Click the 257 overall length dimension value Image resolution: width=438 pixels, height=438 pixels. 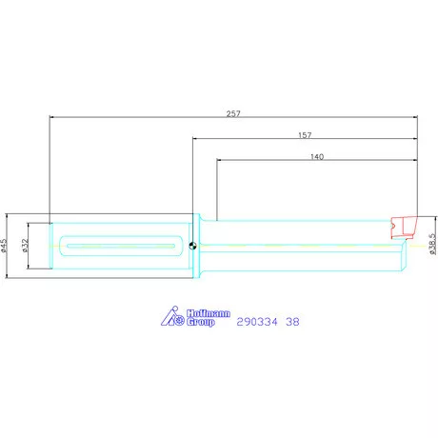pos(233,113)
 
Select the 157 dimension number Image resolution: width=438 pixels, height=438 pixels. pos(305,135)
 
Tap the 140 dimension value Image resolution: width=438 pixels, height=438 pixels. pos(317,156)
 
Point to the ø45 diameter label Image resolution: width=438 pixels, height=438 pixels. pos(4,246)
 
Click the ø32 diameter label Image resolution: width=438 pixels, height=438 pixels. pos(26,246)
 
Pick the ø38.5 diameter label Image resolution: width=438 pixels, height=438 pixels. pos(432,244)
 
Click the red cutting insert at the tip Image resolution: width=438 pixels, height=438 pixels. pos(404,227)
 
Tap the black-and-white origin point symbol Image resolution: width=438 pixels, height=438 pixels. pos(192,246)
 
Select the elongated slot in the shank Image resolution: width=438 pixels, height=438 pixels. pos(121,246)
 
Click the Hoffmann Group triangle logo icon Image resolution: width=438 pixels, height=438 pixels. pos(172,316)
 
